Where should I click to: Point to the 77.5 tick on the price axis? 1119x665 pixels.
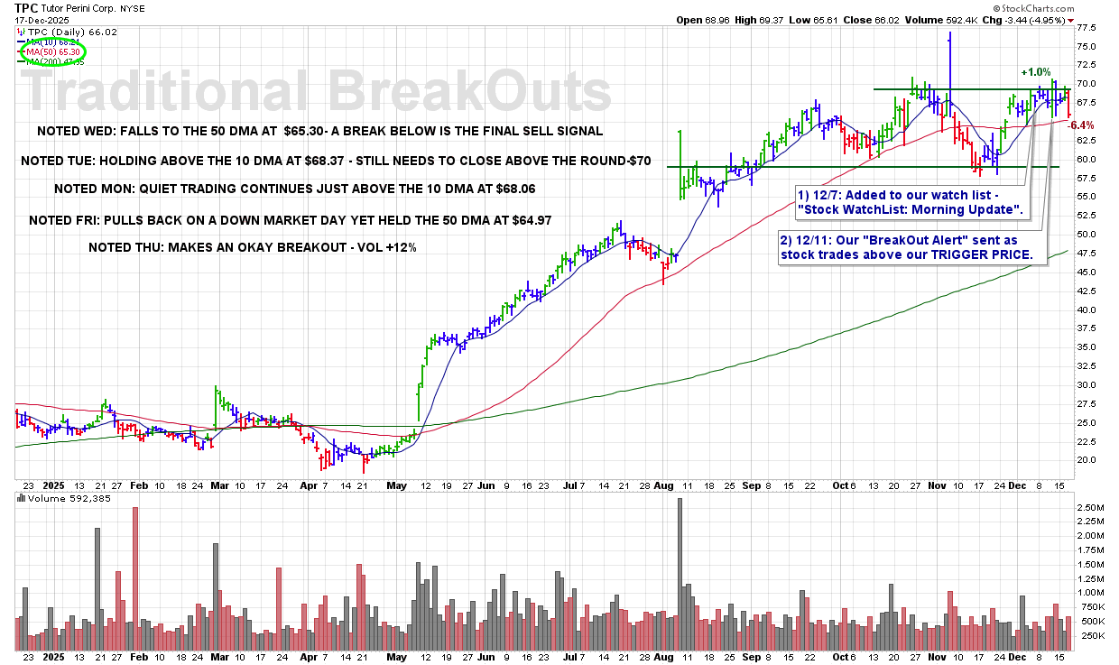[1087, 28]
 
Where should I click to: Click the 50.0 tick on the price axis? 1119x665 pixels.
[1087, 235]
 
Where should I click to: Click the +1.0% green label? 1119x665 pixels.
[1035, 72]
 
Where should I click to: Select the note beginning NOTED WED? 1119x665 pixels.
[319, 131]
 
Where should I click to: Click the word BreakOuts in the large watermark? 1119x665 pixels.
[469, 91]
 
